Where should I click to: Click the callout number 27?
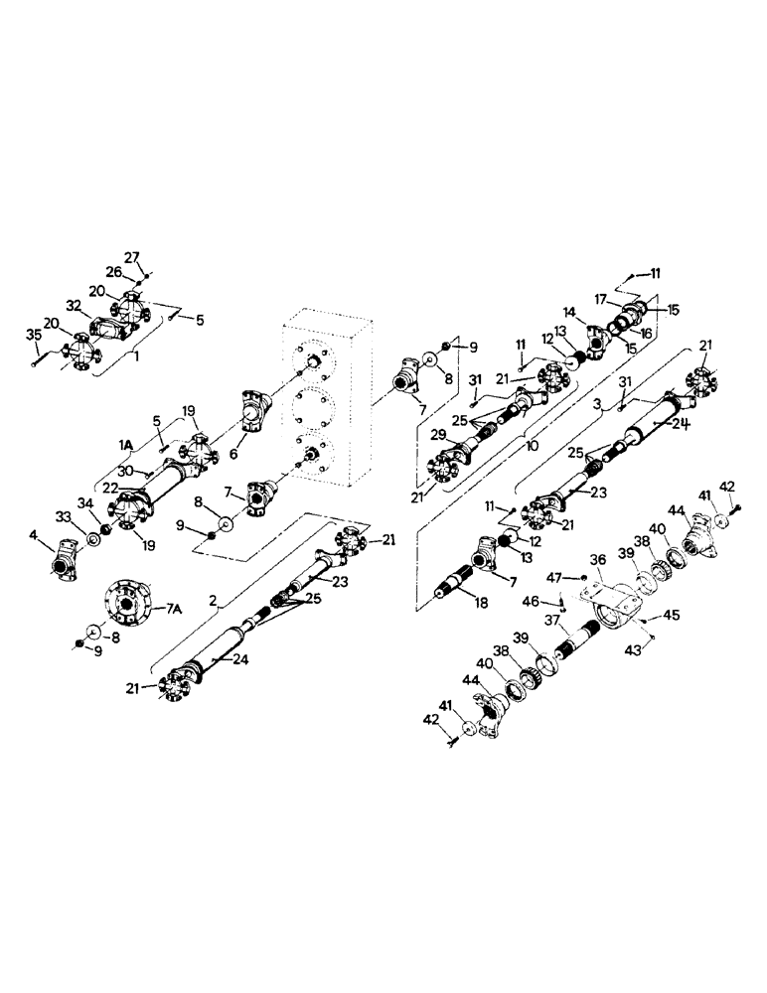[131, 256]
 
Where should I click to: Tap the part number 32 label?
[73, 305]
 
